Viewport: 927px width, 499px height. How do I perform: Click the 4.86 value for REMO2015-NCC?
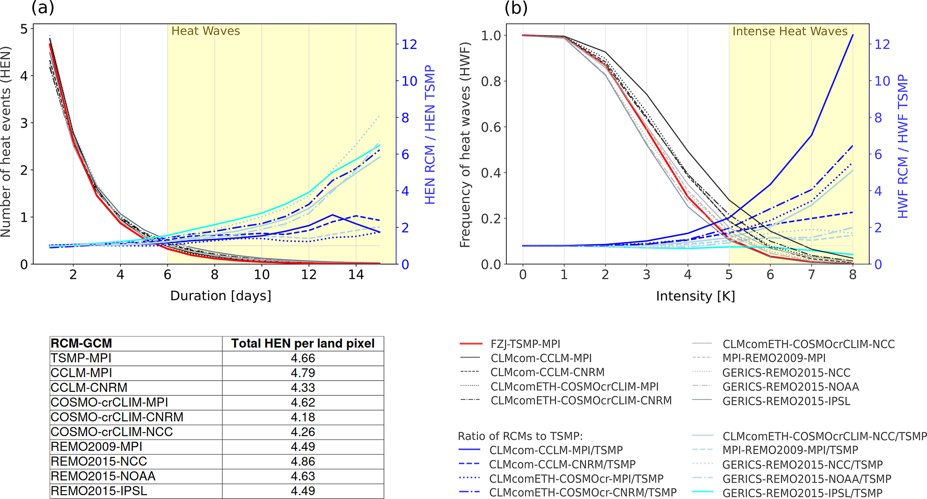click(303, 461)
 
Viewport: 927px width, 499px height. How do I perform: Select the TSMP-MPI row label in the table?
click(81, 358)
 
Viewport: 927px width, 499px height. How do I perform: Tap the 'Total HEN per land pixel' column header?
click(303, 343)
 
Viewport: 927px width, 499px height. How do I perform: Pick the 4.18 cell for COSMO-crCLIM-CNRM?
click(303, 417)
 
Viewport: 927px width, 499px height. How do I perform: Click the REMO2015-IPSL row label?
click(99, 491)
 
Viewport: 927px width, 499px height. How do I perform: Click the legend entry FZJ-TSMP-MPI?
click(525, 344)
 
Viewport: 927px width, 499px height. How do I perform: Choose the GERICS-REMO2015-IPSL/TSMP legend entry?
click(802, 493)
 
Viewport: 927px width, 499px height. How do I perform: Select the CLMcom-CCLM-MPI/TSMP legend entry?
click(556, 450)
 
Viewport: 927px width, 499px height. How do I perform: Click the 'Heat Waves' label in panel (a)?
click(205, 31)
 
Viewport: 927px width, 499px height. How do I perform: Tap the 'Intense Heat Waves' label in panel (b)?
click(790, 31)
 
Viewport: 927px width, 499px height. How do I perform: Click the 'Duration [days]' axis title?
click(221, 296)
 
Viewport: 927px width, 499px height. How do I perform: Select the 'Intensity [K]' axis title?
click(695, 296)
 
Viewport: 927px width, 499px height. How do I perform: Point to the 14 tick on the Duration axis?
click(356, 275)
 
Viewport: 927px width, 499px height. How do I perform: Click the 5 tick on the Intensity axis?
click(729, 275)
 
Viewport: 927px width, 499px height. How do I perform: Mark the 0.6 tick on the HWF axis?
click(492, 127)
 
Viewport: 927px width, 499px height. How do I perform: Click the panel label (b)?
click(516, 8)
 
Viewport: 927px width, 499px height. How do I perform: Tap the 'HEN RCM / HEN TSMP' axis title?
click(430, 135)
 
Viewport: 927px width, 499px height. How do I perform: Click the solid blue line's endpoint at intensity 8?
click(853, 35)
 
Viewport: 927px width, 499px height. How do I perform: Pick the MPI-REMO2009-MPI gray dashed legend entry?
click(774, 358)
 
